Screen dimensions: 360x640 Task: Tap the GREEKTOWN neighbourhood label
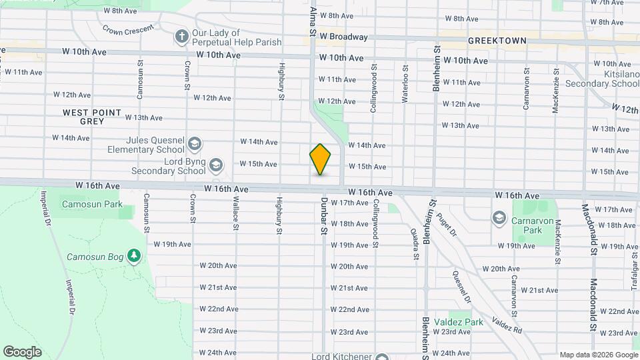click(497, 41)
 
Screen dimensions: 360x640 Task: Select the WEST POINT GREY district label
click(92, 117)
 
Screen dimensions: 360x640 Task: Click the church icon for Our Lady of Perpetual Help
click(181, 37)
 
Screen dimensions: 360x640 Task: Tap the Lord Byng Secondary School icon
click(216, 165)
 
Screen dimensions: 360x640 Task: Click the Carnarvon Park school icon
click(499, 218)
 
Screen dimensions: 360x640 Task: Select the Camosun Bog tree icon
click(134, 256)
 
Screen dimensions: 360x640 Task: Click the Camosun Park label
click(92, 204)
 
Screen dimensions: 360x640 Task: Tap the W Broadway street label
click(343, 37)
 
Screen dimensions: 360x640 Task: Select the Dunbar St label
click(324, 215)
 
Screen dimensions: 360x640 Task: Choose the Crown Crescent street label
click(128, 30)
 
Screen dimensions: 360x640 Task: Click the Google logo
click(22, 352)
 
